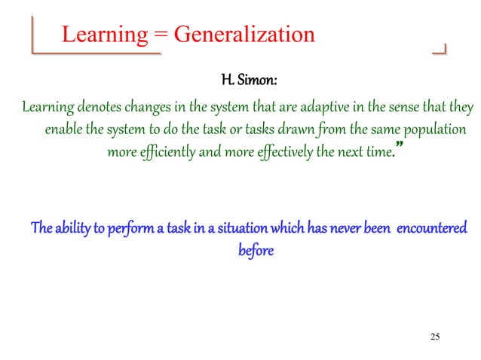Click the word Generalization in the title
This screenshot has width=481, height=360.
[x=244, y=35]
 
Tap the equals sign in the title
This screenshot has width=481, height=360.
[x=162, y=35]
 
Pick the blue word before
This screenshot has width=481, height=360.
[x=256, y=249]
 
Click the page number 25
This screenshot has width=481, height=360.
[x=434, y=336]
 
